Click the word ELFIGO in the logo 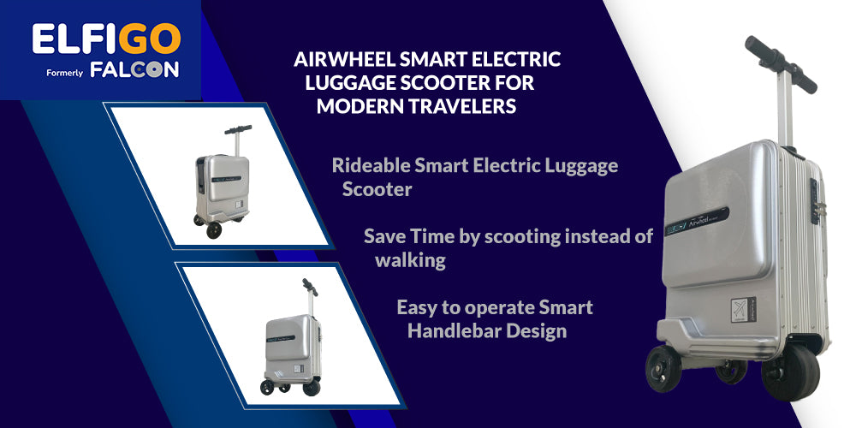pyautogui.click(x=106, y=39)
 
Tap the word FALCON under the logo pyautogui.click(x=134, y=70)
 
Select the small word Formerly pyautogui.click(x=64, y=73)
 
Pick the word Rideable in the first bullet pyautogui.click(x=371, y=165)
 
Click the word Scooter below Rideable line pyautogui.click(x=377, y=189)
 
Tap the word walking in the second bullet pyautogui.click(x=410, y=261)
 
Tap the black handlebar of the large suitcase pyautogui.click(x=782, y=64)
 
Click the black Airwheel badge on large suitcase pyautogui.click(x=697, y=220)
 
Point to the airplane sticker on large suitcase pyautogui.click(x=743, y=309)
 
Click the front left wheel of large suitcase pyautogui.click(x=663, y=368)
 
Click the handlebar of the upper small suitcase pyautogui.click(x=238, y=130)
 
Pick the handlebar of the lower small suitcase pyautogui.click(x=310, y=286)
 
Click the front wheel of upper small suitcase pyautogui.click(x=214, y=229)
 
